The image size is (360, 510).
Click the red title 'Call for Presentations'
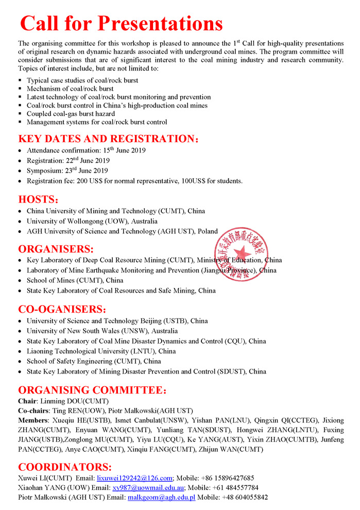point(121,23)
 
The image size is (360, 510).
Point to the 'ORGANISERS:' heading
point(56,249)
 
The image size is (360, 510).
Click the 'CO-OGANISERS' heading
point(62,309)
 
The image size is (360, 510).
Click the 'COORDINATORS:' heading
point(65,467)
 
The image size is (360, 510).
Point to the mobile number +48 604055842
point(245,498)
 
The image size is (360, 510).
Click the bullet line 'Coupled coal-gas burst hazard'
point(71,114)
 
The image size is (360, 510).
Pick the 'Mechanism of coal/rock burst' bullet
point(70,89)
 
